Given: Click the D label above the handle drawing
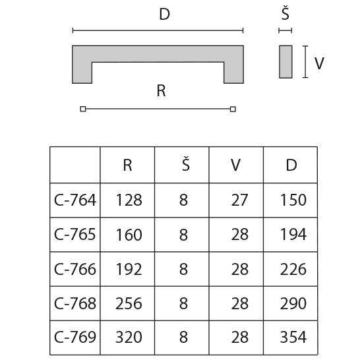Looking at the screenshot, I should [164, 15].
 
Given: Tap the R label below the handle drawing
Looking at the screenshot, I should [161, 91].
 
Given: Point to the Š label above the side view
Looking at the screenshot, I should [285, 15].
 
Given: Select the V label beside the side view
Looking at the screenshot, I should [319, 63].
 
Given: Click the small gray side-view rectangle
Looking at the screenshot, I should [285, 62].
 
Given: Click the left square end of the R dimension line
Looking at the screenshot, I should [82, 109].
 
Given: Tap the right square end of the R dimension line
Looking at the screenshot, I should [233, 109].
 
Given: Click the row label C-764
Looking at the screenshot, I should [75, 200].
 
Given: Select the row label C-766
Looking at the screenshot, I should [75, 269].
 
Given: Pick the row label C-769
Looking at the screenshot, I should [75, 338].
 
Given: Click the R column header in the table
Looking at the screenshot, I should [128, 165].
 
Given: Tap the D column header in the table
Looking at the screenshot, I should [291, 165].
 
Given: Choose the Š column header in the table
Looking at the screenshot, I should [184, 164].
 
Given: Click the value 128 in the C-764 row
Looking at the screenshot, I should [129, 200].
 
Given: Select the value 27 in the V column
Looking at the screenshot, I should [239, 200].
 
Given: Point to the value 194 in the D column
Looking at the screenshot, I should [293, 235].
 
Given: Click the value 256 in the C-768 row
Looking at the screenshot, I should [129, 303].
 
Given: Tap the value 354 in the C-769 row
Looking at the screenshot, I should [293, 338].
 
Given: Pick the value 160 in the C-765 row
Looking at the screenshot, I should [129, 235].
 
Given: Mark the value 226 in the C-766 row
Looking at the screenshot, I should [293, 269].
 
